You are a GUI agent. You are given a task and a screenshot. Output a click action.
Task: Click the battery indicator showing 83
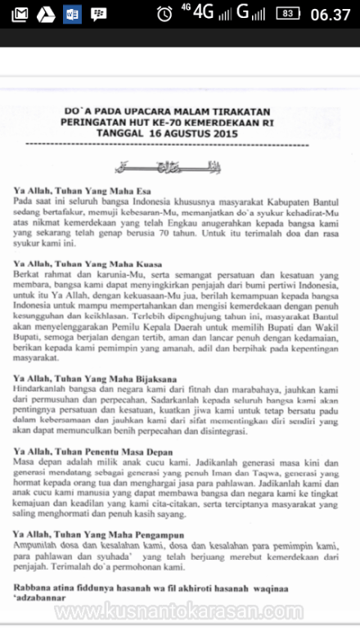click(286, 14)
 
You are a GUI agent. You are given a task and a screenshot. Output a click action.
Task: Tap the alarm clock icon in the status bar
click(165, 14)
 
